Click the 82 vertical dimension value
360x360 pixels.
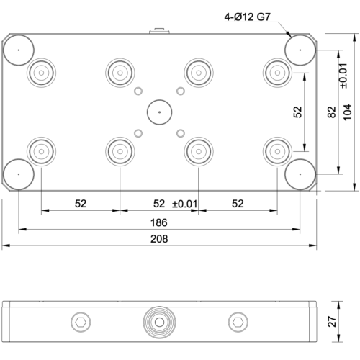click(x=330, y=112)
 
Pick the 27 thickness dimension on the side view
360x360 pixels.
click(x=331, y=321)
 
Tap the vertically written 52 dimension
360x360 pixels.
click(x=297, y=112)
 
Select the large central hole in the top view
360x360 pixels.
click(x=158, y=112)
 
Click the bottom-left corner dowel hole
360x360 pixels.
click(x=18, y=174)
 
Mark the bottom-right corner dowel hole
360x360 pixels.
click(x=300, y=174)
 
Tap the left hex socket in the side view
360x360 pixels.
click(x=81, y=321)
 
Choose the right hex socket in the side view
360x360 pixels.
click(x=237, y=321)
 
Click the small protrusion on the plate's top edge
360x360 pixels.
click(x=158, y=31)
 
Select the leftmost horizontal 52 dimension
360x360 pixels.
click(x=81, y=204)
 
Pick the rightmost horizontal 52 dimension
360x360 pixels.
click(x=237, y=204)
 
